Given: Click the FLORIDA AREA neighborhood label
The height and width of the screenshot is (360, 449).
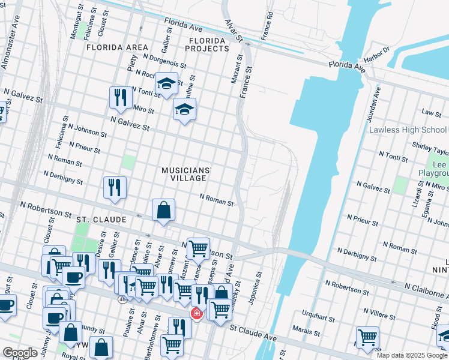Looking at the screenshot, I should click(x=117, y=47).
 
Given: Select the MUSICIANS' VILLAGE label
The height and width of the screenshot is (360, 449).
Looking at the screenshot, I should click(x=187, y=174).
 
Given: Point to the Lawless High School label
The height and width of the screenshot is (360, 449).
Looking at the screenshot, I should click(x=408, y=130).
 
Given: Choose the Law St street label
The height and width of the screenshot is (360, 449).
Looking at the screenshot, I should click(x=431, y=112).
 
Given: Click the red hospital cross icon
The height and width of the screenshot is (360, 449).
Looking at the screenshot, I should click(x=196, y=314).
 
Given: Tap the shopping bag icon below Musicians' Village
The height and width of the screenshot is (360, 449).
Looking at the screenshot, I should click(x=163, y=211).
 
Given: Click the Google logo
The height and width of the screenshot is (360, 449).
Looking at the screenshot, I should click(x=20, y=352).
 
